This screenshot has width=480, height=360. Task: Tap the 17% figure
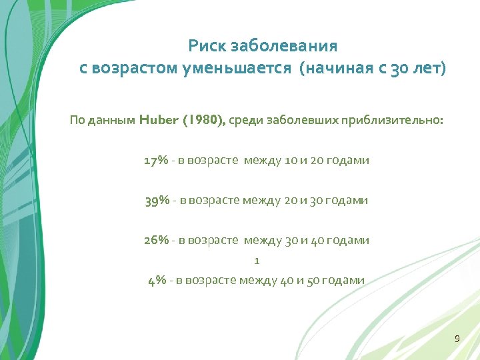[156, 161]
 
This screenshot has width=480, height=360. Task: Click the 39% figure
[157, 201]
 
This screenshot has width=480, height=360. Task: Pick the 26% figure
[156, 240]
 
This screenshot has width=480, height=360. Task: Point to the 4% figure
[157, 280]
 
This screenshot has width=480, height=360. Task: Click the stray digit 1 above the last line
[257, 261]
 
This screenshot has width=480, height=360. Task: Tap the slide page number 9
[457, 339]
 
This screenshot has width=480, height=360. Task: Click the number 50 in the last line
[311, 280]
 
